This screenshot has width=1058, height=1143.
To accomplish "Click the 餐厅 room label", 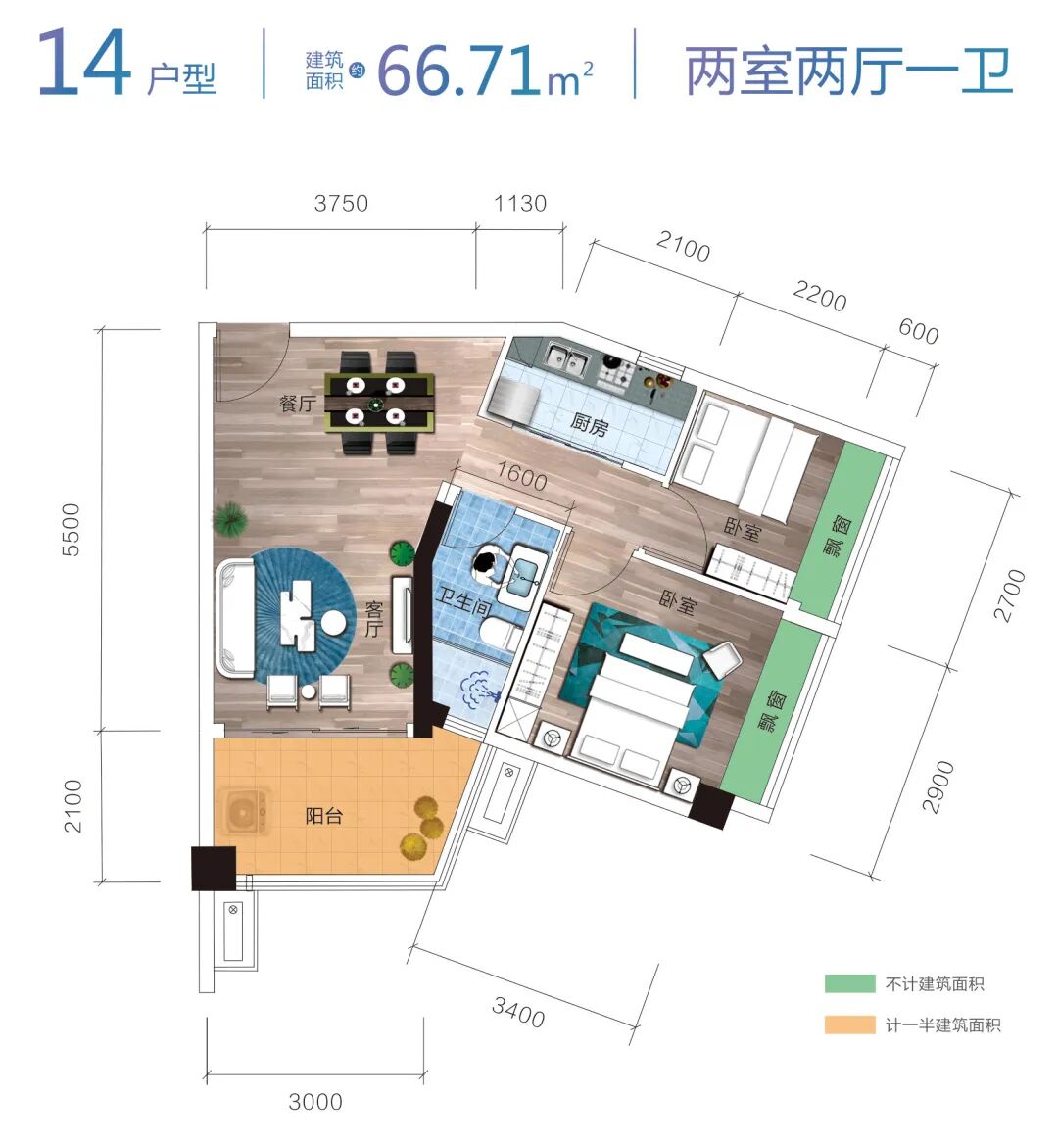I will (x=298, y=403).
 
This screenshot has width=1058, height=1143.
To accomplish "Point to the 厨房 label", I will (x=590, y=425).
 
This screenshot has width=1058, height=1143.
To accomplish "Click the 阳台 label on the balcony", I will (x=323, y=815).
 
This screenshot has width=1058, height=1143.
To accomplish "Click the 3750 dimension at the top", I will (x=341, y=204).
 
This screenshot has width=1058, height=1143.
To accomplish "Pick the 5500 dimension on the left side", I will (x=71, y=530).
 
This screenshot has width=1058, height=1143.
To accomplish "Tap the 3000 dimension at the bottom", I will (x=315, y=1102).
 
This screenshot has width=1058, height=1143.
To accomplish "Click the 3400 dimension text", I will (x=518, y=1011).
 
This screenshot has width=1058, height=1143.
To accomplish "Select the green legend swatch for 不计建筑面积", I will (x=848, y=984).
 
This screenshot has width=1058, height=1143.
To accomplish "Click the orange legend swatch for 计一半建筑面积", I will (x=848, y=1025).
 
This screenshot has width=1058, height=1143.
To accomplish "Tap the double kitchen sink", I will (x=565, y=360).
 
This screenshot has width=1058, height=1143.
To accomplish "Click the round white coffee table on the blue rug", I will (x=334, y=622).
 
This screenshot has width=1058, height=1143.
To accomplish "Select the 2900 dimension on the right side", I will (x=938, y=786).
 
